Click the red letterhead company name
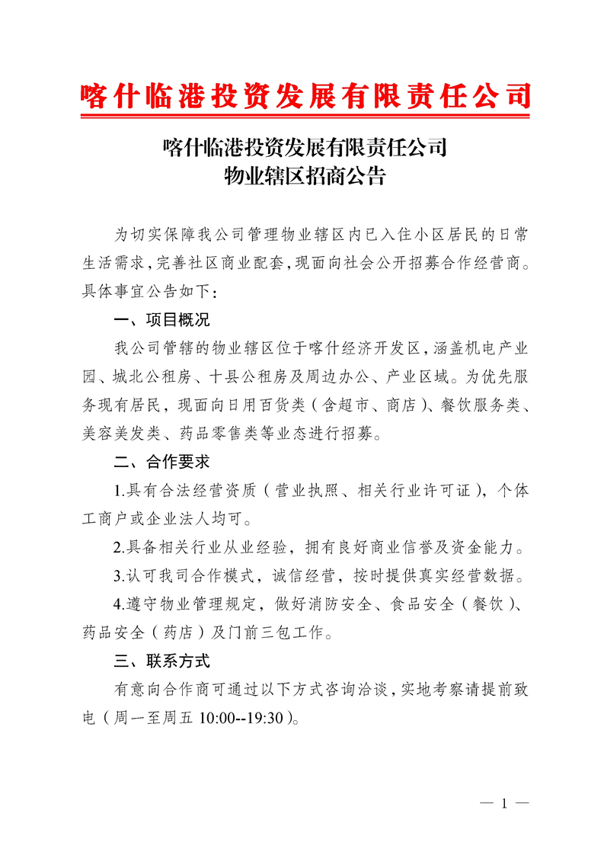[305, 96]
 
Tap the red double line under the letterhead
[305, 117]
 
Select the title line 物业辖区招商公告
[305, 178]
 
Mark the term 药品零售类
[219, 434]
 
